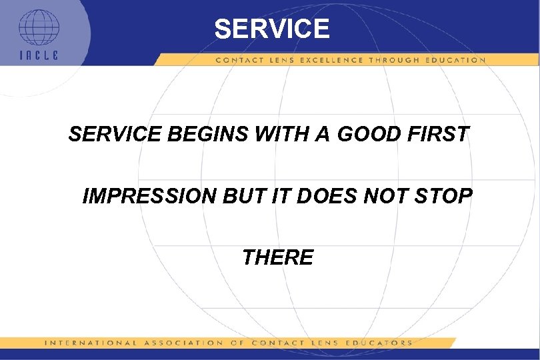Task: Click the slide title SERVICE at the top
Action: coord(271,29)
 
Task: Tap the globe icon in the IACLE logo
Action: coord(38,27)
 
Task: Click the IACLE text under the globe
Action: coord(39,55)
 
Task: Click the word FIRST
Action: coord(438,135)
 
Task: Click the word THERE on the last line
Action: coord(278,257)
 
